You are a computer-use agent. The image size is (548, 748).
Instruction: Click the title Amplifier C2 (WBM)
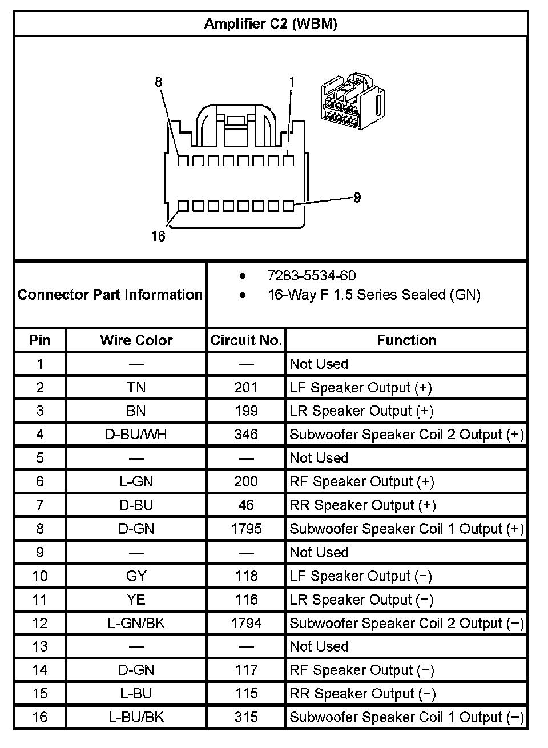click(x=271, y=23)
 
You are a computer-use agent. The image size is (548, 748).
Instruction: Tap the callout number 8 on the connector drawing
click(x=159, y=82)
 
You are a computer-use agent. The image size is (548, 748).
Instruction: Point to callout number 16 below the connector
click(x=158, y=236)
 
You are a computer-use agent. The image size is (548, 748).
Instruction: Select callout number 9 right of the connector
click(x=357, y=198)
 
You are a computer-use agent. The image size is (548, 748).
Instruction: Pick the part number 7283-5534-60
click(x=312, y=276)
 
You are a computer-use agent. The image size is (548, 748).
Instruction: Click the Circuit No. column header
click(x=246, y=340)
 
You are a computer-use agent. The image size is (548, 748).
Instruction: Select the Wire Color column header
click(x=136, y=340)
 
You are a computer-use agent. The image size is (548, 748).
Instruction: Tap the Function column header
click(x=406, y=340)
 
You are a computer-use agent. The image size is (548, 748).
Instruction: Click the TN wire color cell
click(x=136, y=388)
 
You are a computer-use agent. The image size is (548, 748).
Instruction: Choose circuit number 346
click(x=246, y=435)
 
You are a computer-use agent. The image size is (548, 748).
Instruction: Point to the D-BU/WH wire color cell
click(x=136, y=435)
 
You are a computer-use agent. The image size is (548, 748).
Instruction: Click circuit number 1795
click(x=246, y=529)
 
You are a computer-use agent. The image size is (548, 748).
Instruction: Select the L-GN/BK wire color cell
click(x=136, y=623)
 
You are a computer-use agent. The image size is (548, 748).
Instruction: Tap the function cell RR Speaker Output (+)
click(x=362, y=505)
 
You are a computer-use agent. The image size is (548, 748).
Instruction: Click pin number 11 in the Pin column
click(x=39, y=600)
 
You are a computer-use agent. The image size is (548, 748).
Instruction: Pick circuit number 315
click(x=246, y=717)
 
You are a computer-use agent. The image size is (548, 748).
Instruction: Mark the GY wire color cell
click(x=136, y=576)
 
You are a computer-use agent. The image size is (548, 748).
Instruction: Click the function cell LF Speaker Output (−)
click(x=361, y=576)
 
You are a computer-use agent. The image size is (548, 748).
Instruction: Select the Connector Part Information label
click(x=110, y=295)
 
